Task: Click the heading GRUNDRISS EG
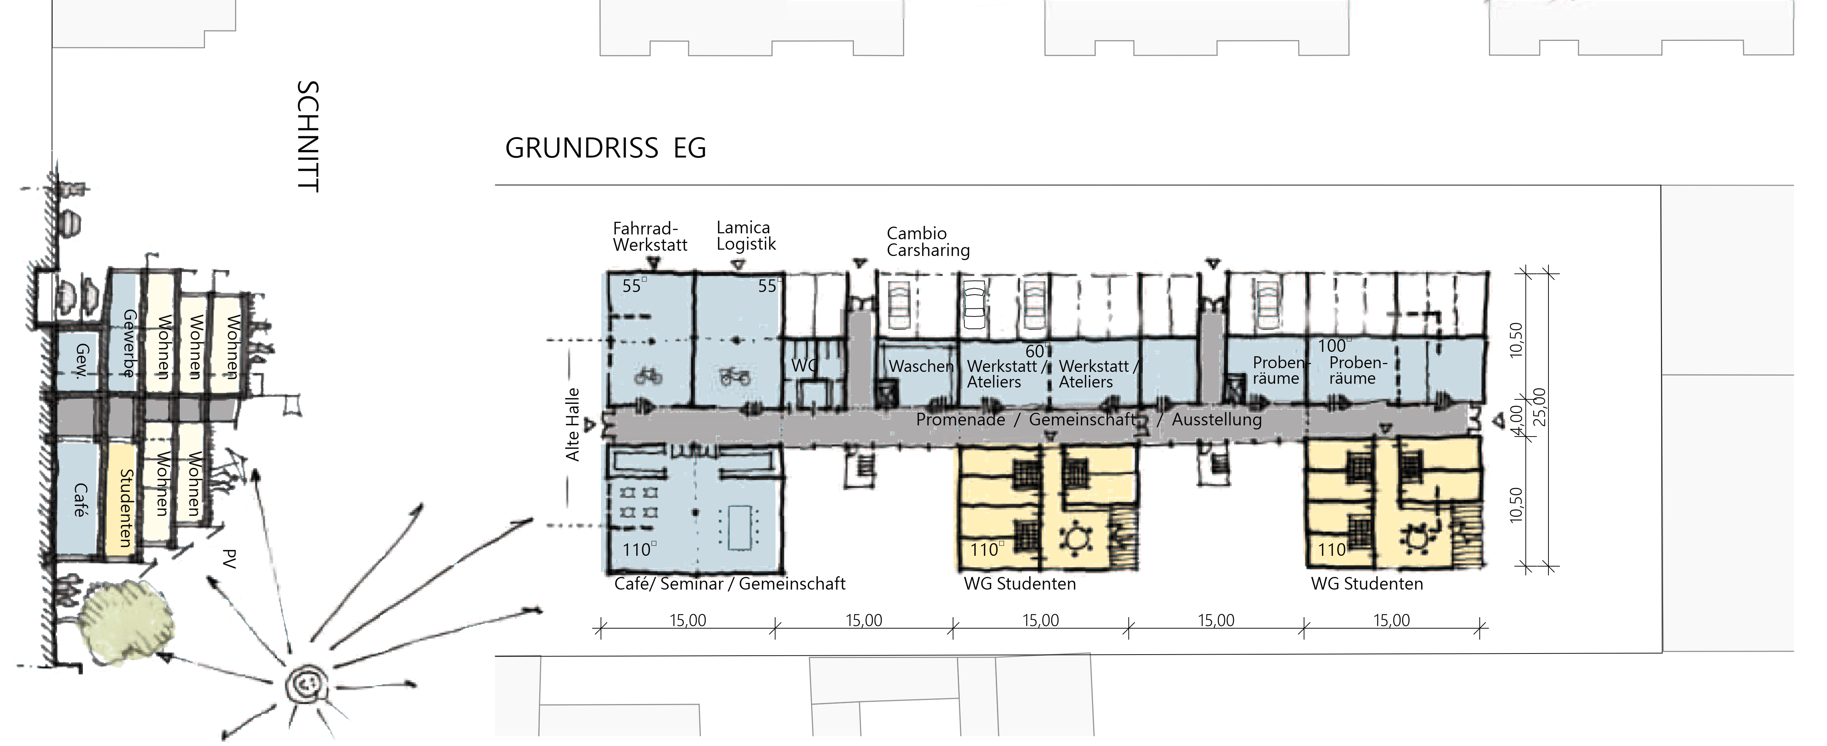tap(605, 148)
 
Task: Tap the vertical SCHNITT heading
tap(308, 136)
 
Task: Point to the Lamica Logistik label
tap(746, 236)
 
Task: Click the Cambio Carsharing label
tap(928, 242)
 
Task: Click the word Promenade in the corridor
tap(960, 420)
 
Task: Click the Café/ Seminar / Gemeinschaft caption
tap(730, 584)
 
